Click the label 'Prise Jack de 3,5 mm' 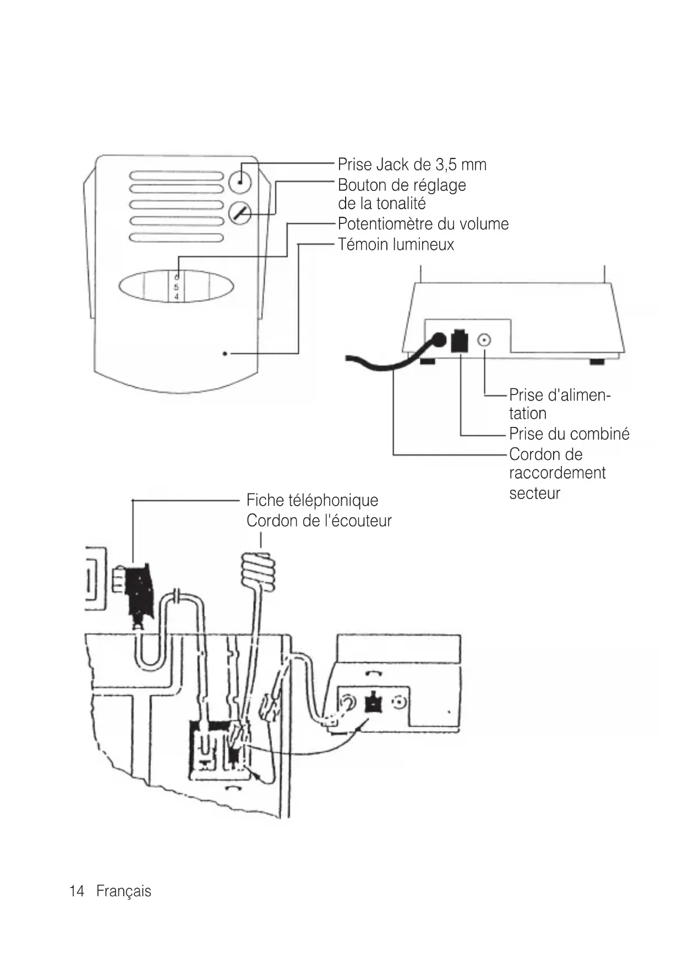pyautogui.click(x=412, y=165)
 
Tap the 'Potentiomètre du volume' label pyautogui.click(x=423, y=224)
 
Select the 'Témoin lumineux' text pyautogui.click(x=396, y=244)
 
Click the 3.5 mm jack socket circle pyautogui.click(x=239, y=182)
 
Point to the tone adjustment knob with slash pyautogui.click(x=239, y=213)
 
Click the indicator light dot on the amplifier pyautogui.click(x=225, y=354)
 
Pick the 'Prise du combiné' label pyautogui.click(x=569, y=434)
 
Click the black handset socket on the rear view pyautogui.click(x=459, y=341)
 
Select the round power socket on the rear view pyautogui.click(x=484, y=341)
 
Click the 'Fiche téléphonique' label pyautogui.click(x=312, y=500)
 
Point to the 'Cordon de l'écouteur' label pyautogui.click(x=319, y=520)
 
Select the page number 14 pyautogui.click(x=77, y=891)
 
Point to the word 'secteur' pyautogui.click(x=534, y=494)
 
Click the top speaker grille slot pyautogui.click(x=176, y=176)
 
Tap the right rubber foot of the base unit pyautogui.click(x=597, y=361)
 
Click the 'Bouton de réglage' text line pyautogui.click(x=402, y=185)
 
